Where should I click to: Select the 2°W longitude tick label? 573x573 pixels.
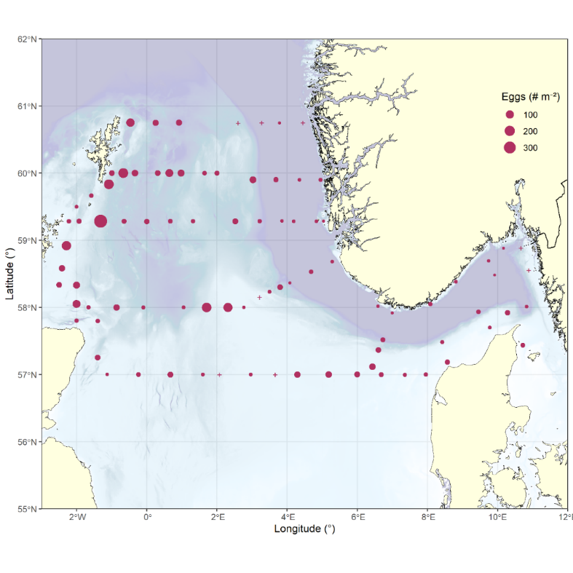tap(76, 518)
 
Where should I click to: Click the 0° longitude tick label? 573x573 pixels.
tap(147, 518)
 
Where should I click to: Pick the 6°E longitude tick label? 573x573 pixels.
tap(357, 518)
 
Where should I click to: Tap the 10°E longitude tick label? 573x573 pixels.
tap(497, 518)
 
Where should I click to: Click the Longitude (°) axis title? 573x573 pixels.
tap(304, 529)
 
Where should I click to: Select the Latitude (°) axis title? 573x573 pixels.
tap(9, 274)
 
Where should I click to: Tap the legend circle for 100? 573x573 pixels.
tap(510, 115)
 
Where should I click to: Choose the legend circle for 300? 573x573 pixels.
tap(510, 148)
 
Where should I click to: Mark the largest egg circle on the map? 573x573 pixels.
tap(100, 221)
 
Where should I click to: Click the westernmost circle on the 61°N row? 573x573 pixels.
tap(130, 123)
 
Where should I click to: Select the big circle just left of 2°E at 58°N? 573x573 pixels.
tap(207, 307)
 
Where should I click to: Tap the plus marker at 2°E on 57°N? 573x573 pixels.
tap(219, 375)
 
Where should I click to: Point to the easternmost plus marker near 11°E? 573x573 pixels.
tap(529, 271)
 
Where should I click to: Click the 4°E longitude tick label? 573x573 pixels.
tap(287, 518)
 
